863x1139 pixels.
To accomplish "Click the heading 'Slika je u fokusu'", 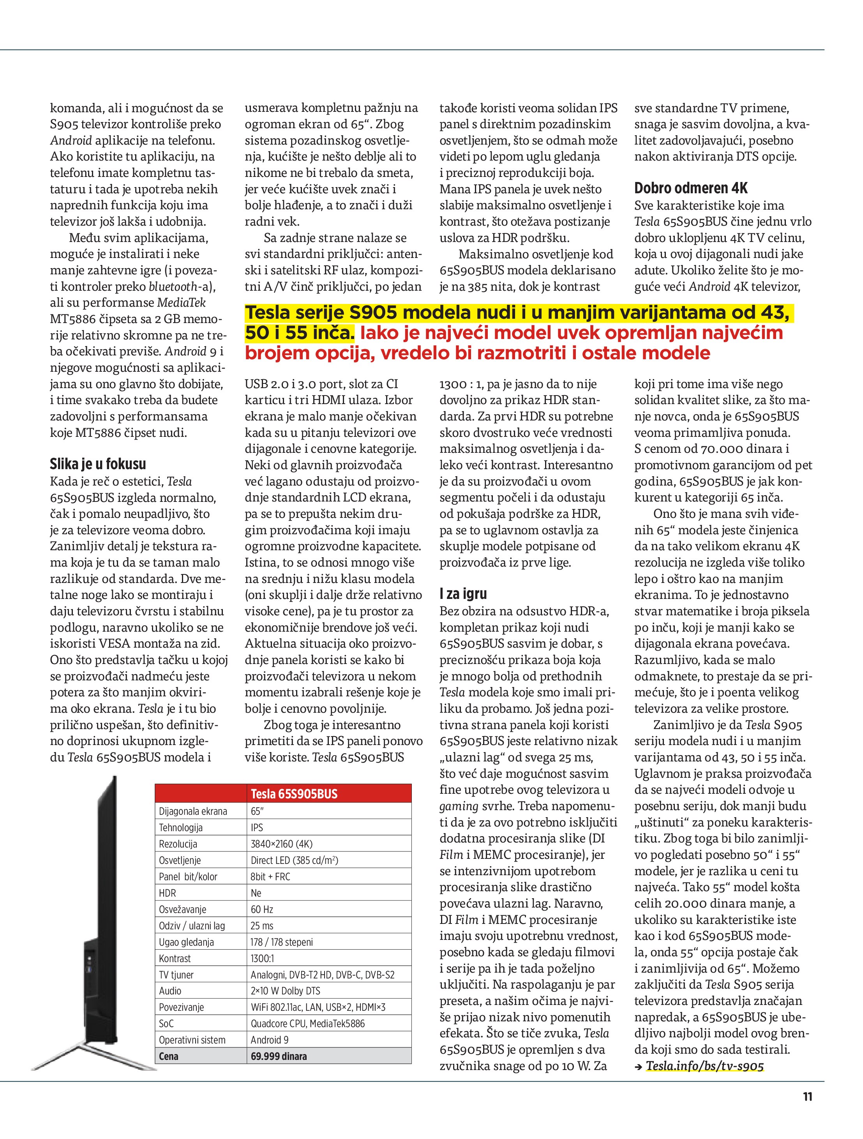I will click(x=98, y=464).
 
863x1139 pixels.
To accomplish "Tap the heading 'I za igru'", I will click(x=463, y=594).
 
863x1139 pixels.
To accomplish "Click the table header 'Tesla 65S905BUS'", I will click(x=294, y=793).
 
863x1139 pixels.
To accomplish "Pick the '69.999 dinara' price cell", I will click(x=279, y=1056).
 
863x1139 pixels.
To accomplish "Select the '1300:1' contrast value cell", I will click(x=262, y=958).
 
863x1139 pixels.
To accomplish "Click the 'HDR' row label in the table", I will click(x=168, y=893).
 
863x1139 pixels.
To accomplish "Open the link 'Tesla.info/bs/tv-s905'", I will click(x=704, y=1066).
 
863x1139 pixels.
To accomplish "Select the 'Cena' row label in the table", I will click(x=168, y=1056).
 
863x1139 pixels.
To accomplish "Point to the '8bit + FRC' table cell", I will click(x=270, y=876).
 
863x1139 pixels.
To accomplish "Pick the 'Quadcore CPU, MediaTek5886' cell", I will click(x=307, y=1024).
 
